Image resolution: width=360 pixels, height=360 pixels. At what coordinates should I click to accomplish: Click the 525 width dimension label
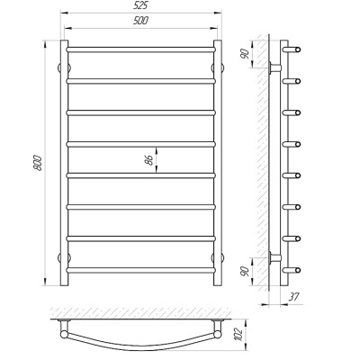141,5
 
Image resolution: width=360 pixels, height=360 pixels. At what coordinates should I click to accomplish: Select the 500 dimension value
140,21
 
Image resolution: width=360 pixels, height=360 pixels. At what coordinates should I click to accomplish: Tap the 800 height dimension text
38,163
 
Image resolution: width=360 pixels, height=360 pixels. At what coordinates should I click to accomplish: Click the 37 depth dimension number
294,297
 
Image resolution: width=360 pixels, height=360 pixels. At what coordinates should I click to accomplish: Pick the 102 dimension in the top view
238,334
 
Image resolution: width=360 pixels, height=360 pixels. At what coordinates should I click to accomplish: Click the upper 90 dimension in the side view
245,54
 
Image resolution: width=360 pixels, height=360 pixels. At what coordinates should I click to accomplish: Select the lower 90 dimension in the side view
245,271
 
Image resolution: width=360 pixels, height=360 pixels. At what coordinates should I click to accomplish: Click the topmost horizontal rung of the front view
140,49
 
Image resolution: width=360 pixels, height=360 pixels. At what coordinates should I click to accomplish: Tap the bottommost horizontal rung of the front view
140,270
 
